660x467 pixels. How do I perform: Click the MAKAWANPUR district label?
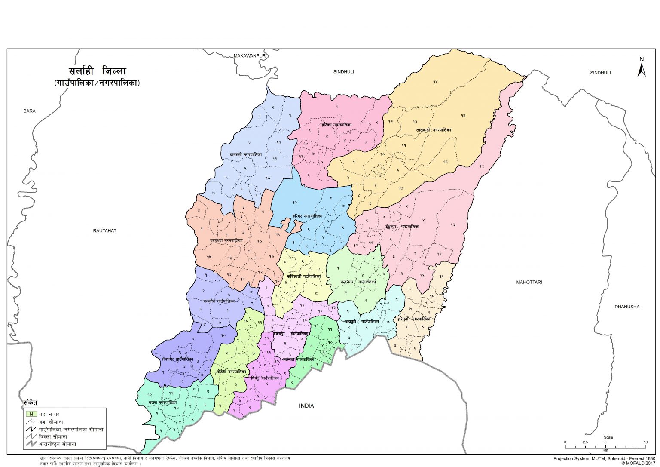point(250,56)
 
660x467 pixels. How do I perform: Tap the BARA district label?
point(30,111)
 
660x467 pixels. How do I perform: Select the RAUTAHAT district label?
point(105,231)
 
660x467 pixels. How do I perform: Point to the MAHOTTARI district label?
point(529,282)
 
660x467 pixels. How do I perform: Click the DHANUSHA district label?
point(627,307)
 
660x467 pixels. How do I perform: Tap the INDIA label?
point(306,406)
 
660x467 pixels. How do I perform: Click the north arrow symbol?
point(642,68)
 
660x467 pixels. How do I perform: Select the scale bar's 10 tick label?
point(645,442)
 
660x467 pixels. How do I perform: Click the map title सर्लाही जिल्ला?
point(97,71)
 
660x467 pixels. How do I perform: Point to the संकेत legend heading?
point(31,403)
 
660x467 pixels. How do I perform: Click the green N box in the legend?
point(31,414)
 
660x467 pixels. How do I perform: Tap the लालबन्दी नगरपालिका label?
point(434,129)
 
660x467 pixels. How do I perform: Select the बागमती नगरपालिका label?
point(246,154)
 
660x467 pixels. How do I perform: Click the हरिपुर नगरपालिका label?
point(307,216)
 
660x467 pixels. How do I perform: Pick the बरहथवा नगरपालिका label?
point(226,241)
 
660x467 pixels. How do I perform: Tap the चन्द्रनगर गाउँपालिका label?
point(358,282)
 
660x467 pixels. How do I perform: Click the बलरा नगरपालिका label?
point(163,402)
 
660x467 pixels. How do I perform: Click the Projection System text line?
point(604,458)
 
